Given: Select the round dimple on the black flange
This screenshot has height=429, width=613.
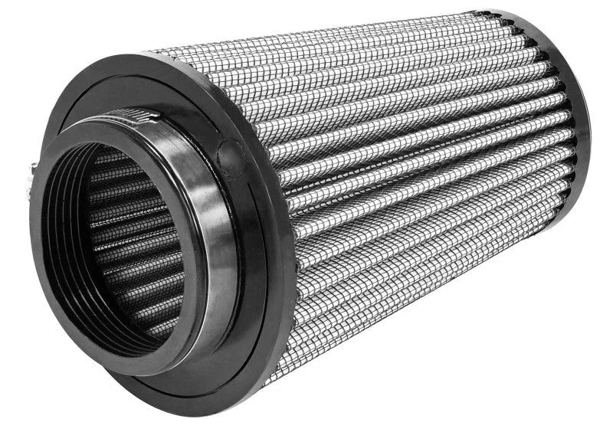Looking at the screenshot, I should coord(231,153).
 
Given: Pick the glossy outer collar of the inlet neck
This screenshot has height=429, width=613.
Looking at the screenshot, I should coord(207,253).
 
